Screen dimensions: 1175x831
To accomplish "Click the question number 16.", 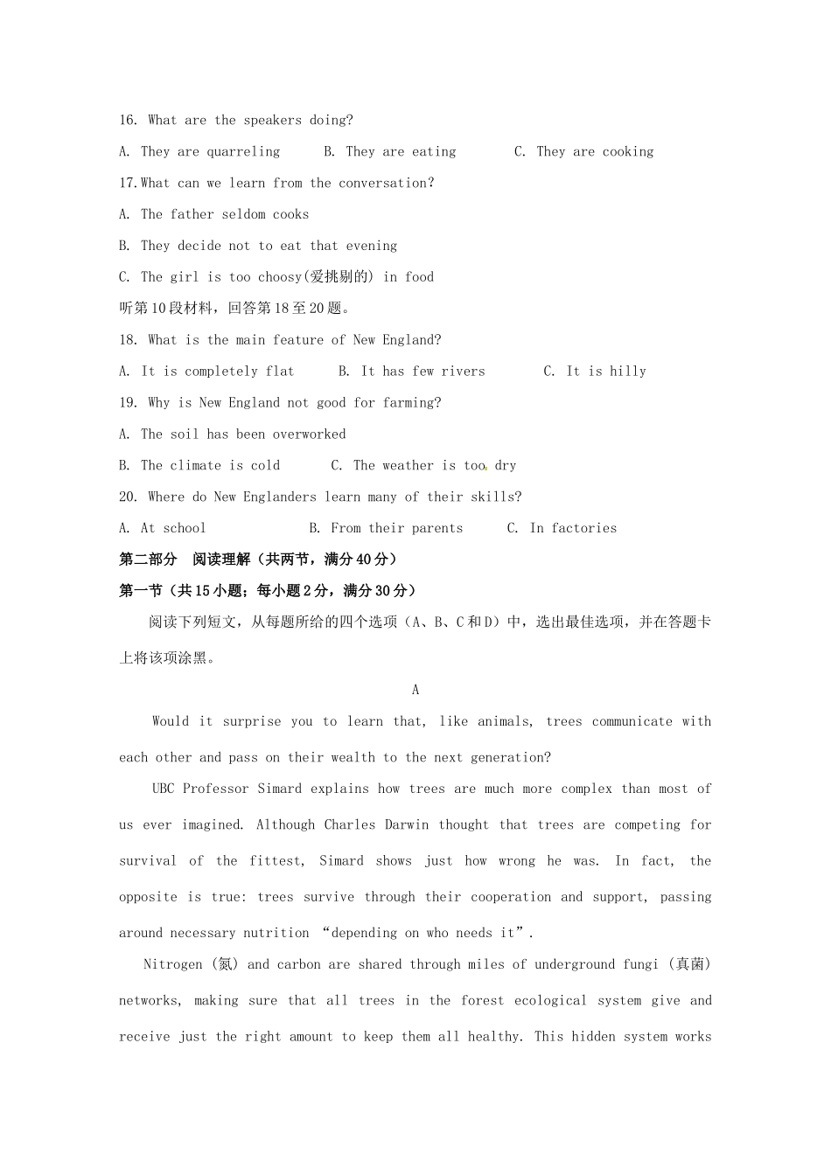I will point(128,121).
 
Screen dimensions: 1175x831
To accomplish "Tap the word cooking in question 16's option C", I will point(628,152).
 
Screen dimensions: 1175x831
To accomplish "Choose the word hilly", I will point(628,372).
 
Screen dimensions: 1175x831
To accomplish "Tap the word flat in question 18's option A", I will point(280,372).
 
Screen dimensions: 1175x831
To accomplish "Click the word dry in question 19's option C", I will point(506,466).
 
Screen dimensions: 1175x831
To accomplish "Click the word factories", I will point(584,529).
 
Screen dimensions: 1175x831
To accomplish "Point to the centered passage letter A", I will point(415,691).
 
